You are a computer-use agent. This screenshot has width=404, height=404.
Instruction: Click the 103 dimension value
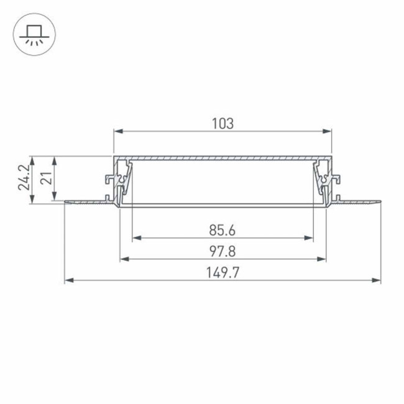pos(223,123)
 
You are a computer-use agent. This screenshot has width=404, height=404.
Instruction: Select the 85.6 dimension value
pos(222,230)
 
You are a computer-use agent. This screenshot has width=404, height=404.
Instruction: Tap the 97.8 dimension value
pos(222,250)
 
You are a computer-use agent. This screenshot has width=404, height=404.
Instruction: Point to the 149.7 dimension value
pos(223,272)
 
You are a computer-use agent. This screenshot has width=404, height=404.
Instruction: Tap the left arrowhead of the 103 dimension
pos(117,131)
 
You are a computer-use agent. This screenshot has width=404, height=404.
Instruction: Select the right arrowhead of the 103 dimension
pos(328,131)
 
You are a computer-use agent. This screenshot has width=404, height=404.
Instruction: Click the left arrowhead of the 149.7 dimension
pos(69,280)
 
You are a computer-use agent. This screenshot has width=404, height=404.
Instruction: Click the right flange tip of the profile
pos(379,201)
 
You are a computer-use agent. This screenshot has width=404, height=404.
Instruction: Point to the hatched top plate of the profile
pos(223,158)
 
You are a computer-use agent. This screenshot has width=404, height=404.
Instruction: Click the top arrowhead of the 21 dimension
pos(55,160)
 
